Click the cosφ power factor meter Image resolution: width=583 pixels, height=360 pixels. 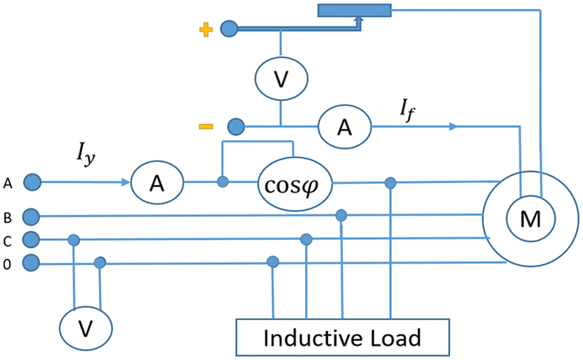[292, 183]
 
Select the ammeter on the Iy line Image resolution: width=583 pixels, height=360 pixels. [157, 182]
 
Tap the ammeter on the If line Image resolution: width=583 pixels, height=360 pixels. [344, 127]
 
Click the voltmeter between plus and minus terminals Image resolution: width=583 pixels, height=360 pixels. [281, 79]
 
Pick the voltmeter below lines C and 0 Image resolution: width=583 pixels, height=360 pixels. [86, 328]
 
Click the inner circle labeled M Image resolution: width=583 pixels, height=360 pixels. [531, 217]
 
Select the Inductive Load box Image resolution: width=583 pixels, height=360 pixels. [342, 337]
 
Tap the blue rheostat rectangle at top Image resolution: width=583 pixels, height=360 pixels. [355, 10]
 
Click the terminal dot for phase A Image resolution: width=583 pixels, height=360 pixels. [32, 182]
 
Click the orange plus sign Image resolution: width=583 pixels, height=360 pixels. [206, 29]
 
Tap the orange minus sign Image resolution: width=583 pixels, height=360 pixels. [205, 126]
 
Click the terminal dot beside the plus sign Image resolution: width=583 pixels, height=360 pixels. [229, 29]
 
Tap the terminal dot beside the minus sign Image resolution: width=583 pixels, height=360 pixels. [235, 126]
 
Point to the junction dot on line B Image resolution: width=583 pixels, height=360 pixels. [342, 216]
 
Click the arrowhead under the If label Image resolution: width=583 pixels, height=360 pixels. [452, 127]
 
